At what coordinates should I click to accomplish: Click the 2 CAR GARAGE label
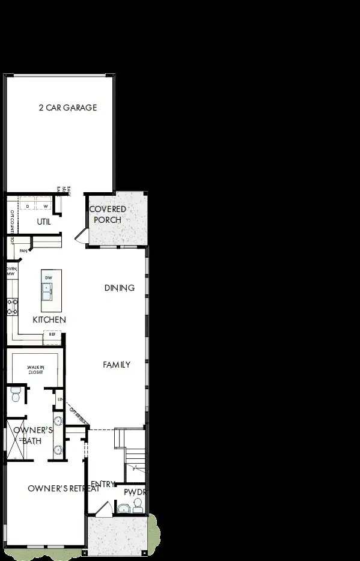point(67,108)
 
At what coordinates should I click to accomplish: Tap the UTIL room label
point(43,222)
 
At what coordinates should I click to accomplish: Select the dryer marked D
point(28,206)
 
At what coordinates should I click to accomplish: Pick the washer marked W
point(45,206)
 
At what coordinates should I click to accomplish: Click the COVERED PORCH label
point(108,214)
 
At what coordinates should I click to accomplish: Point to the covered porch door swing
point(81,235)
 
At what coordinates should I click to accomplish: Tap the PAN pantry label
point(24,250)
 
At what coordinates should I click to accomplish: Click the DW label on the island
point(49,277)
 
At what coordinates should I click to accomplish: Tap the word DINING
point(119,288)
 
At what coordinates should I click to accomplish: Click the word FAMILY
point(117,365)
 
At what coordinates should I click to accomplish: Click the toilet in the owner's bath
point(16,395)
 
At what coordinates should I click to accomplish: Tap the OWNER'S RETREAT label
point(63,488)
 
